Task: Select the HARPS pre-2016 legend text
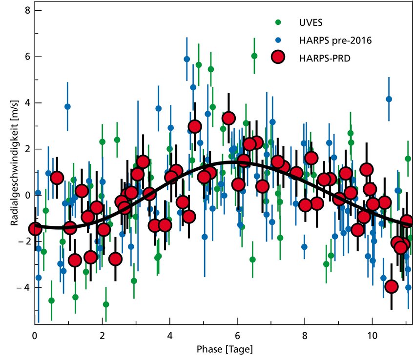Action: pos(335,40)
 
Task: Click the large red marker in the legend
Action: pos(278,57)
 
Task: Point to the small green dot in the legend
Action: pos(278,22)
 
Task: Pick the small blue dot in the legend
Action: pos(278,40)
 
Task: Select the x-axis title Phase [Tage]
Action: pos(224,350)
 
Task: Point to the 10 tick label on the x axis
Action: pos(372,336)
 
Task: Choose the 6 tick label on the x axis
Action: pos(237,336)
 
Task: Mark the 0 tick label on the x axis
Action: pos(35,336)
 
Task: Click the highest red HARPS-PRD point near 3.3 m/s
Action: pos(228,118)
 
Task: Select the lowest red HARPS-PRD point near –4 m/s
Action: pos(391,286)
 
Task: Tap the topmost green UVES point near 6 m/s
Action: pos(254,56)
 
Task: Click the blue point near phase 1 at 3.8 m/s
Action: pos(67,106)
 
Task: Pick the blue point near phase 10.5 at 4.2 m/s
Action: pos(389,99)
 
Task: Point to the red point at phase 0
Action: pos(35,228)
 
